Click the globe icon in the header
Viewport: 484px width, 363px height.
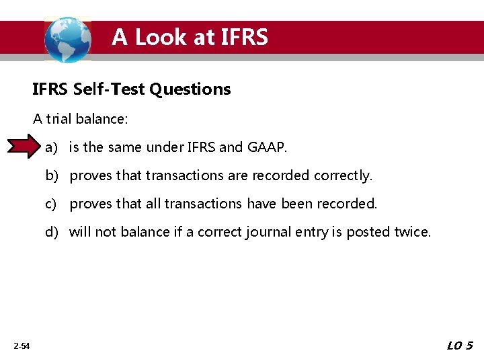(67, 39)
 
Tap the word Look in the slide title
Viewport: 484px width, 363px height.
(162, 37)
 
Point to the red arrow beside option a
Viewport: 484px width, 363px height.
(24, 147)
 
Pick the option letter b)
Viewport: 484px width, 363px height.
(52, 175)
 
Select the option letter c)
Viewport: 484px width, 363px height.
(52, 204)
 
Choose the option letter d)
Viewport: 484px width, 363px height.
(52, 232)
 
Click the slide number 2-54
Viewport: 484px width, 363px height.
(21, 346)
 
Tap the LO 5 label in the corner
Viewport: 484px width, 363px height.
(460, 346)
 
